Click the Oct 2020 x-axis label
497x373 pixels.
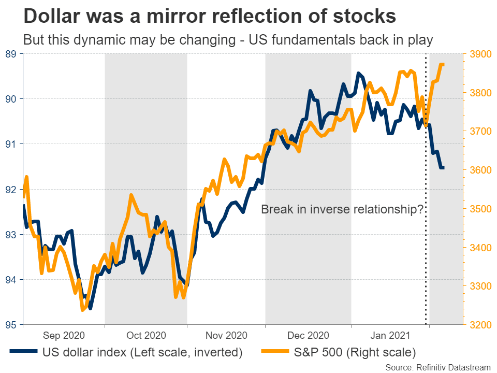coord(146,336)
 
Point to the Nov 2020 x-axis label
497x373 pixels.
coord(226,336)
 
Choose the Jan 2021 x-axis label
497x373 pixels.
coord(390,336)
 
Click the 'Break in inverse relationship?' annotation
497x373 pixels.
coord(342,210)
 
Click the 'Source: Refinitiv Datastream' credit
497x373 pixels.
coord(438,367)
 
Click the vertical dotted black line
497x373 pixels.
coord(426,233)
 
